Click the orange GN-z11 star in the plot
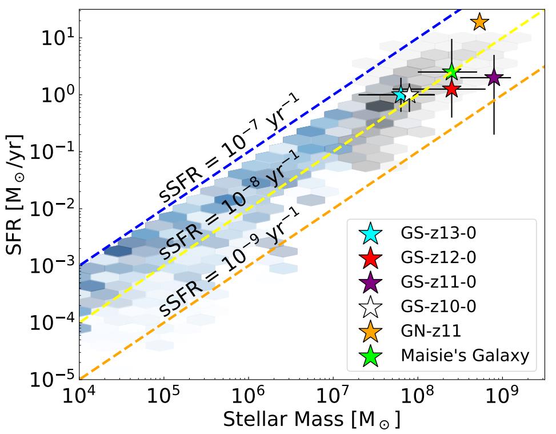point(479,22)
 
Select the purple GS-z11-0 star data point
point(494,78)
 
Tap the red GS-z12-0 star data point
point(452,89)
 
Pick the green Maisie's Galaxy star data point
point(452,71)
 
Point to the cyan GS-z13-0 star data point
point(401,94)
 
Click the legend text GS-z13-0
point(438,233)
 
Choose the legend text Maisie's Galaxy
point(465,356)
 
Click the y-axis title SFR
point(15,194)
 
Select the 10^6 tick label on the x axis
point(249,395)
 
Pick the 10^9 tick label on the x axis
point(502,395)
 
